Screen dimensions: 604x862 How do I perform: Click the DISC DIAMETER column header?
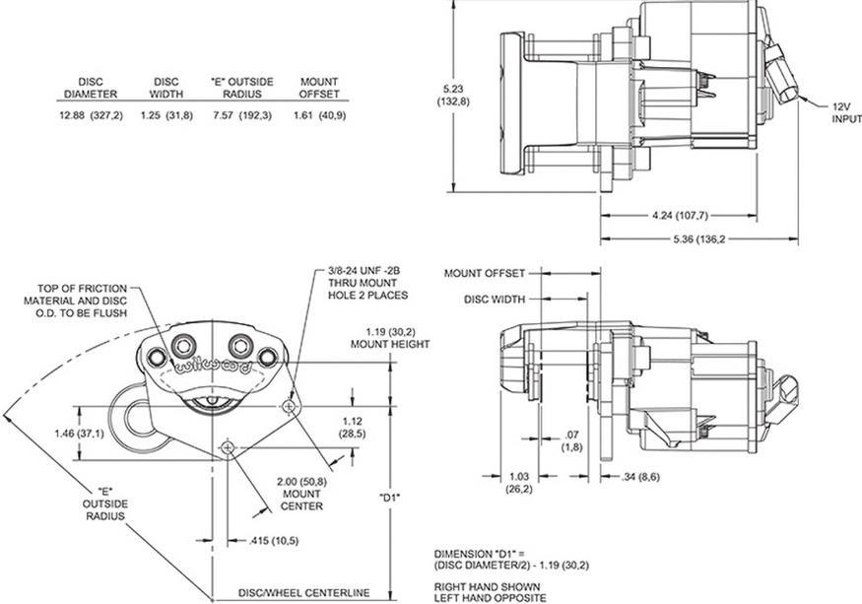pyautogui.click(x=91, y=88)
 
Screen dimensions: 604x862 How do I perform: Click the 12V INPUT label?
pyautogui.click(x=845, y=111)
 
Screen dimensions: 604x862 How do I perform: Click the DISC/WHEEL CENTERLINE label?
pyautogui.click(x=303, y=592)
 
